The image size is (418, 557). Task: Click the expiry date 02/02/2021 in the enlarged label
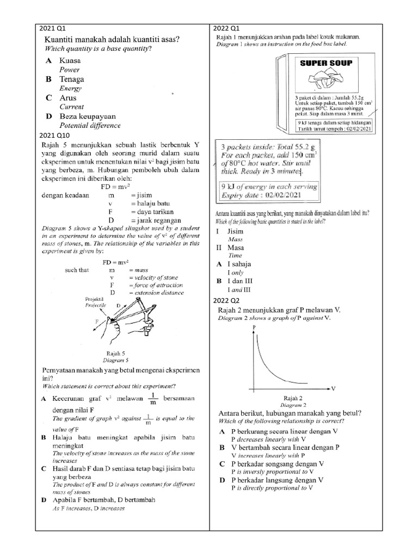tap(279, 194)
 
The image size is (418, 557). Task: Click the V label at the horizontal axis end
tap(334, 388)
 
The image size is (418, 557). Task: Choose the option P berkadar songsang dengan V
tap(278, 463)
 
